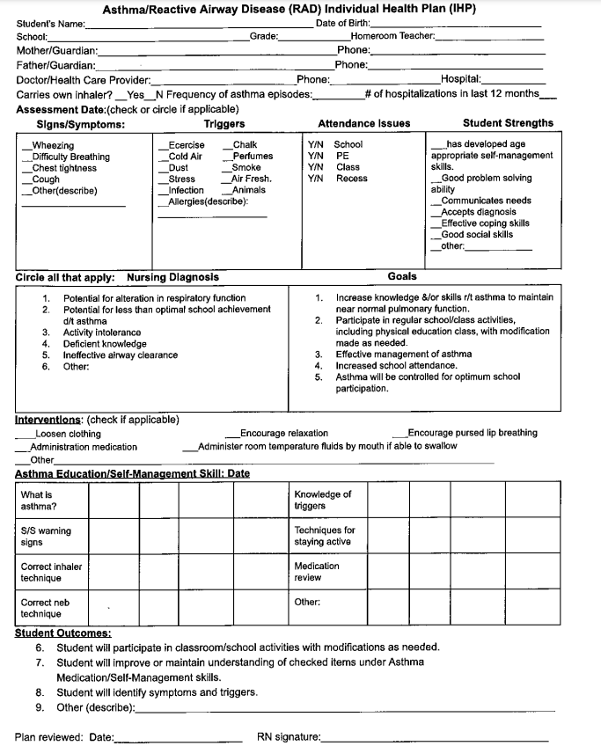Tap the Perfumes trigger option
pos(252,157)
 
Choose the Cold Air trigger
pos(185,157)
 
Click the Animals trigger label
pos(248,190)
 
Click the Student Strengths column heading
pos(508,123)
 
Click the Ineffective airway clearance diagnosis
pos(120,355)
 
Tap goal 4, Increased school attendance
pos(396,365)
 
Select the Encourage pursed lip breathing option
pos(472,433)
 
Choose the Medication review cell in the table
pos(322,572)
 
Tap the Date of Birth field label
pos(342,23)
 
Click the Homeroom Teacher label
pos(392,36)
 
